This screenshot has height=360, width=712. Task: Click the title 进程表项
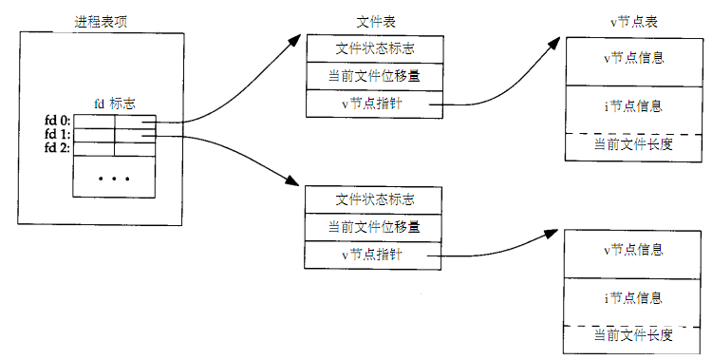102,20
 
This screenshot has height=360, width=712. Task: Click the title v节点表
632,20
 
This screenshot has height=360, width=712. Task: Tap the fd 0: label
57,120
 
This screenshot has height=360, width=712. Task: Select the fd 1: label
57,134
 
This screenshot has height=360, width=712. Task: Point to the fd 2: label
57,148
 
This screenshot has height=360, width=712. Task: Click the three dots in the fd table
115,179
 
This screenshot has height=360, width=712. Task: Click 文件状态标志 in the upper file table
374,47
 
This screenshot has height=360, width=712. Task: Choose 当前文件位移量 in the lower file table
374,227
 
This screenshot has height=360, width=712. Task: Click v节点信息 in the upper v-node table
633,58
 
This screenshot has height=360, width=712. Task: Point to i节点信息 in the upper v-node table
633,105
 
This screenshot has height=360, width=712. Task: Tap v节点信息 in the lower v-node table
633,250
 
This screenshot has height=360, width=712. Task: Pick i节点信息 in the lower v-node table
633,297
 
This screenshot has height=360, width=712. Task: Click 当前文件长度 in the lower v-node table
633,335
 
